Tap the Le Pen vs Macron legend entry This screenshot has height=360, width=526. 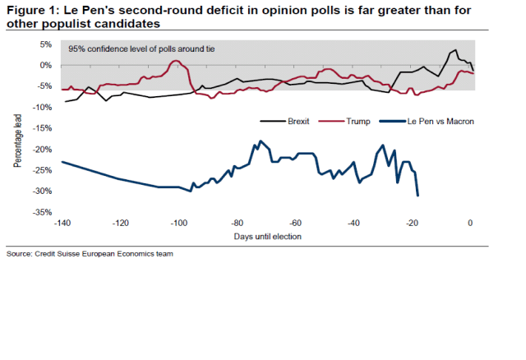(441, 121)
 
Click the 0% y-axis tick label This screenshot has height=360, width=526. (45, 65)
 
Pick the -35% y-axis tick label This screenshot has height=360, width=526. (43, 212)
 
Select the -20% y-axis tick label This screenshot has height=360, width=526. (43, 149)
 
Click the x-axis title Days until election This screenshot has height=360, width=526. (266, 237)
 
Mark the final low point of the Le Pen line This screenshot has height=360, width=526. (418, 195)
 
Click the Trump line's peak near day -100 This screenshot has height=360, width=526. (176, 61)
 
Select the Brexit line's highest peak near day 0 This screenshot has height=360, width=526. (455, 50)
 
